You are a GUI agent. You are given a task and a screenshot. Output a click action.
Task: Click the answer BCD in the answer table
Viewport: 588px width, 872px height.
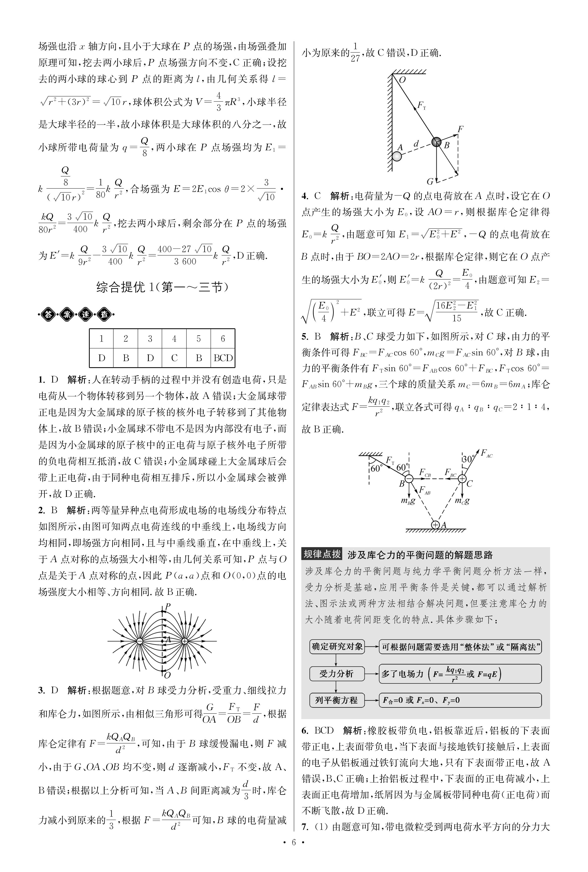(x=223, y=358)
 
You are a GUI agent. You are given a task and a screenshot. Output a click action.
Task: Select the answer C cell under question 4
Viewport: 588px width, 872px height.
(x=174, y=358)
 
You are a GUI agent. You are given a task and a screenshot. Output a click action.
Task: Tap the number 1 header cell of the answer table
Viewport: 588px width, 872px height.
(x=101, y=339)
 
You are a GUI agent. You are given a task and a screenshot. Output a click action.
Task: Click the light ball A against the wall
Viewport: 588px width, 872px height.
(x=396, y=156)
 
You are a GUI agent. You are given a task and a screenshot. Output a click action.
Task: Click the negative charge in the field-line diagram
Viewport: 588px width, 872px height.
(x=139, y=641)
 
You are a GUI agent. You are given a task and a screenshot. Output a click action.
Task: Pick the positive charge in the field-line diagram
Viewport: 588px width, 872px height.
(x=185, y=641)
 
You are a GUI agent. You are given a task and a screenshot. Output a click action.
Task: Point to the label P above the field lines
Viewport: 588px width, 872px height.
(x=168, y=606)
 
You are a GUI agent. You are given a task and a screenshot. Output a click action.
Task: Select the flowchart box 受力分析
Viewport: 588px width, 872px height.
(x=336, y=674)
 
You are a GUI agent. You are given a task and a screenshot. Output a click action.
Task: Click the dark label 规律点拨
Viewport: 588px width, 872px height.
(x=322, y=554)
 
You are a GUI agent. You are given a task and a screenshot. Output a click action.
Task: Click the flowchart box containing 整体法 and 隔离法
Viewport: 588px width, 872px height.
(x=460, y=647)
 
